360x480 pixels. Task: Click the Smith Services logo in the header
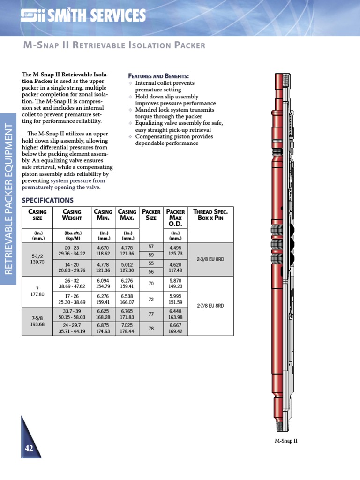click(x=83, y=16)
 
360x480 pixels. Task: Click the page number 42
click(x=29, y=449)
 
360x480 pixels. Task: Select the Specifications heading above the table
click(x=48, y=200)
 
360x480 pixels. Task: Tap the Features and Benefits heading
click(x=158, y=76)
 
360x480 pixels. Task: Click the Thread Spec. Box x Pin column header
click(x=210, y=215)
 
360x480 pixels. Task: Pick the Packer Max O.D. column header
click(x=175, y=217)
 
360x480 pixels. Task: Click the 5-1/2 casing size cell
click(x=37, y=259)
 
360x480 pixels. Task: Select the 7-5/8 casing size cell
click(x=37, y=321)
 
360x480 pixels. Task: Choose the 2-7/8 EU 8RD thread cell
click(x=210, y=305)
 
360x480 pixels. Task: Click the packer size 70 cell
click(x=151, y=284)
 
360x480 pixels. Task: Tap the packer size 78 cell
click(x=151, y=329)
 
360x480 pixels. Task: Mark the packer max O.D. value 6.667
click(x=175, y=328)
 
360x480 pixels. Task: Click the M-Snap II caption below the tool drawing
click(x=286, y=441)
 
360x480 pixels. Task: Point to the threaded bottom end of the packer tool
click(x=282, y=426)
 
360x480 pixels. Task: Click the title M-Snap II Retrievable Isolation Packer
click(x=114, y=45)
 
